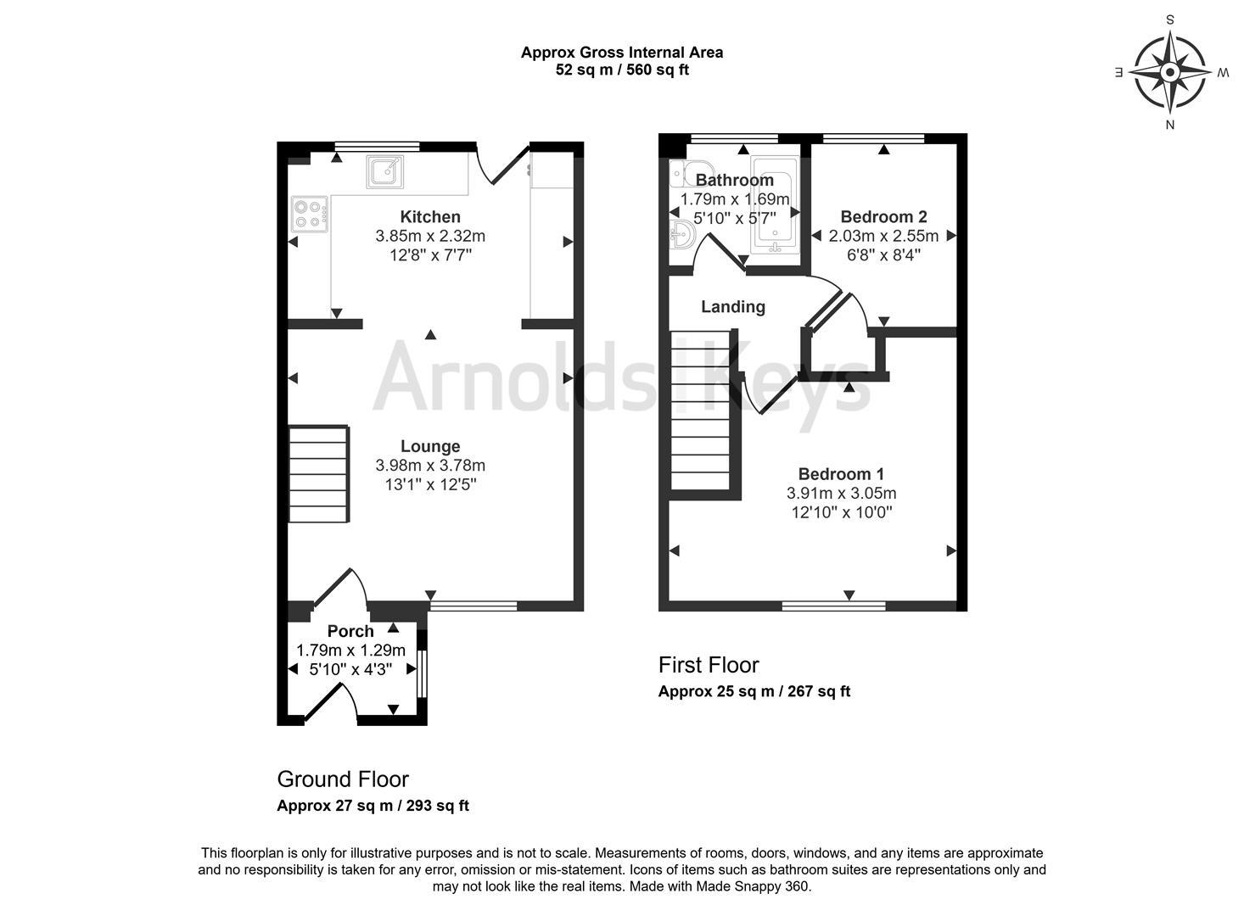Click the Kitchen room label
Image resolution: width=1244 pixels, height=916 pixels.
point(430,217)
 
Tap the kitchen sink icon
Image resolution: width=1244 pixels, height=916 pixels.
point(385,170)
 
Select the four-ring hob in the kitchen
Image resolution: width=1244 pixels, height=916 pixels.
point(310,213)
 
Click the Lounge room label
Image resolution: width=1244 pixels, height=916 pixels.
point(430,446)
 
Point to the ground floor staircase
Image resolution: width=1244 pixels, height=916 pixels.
point(319,474)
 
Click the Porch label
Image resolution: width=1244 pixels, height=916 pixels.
point(350,632)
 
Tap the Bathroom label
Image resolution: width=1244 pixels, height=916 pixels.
point(734,180)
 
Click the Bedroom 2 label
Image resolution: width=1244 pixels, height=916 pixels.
point(883,217)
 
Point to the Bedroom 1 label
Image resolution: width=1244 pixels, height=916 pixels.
point(841,474)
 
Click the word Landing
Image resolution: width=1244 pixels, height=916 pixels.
point(732,307)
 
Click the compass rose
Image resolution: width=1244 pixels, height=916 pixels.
point(1170,72)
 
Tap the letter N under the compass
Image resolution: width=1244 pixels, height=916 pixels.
point(1170,126)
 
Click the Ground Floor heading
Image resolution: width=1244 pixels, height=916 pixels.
point(343,779)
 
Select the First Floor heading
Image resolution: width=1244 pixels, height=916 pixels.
point(709,665)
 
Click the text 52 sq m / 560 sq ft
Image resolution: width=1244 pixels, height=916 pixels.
point(621,70)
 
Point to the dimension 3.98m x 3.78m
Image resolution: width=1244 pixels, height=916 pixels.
point(430,466)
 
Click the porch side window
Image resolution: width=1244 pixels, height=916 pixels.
point(423,674)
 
